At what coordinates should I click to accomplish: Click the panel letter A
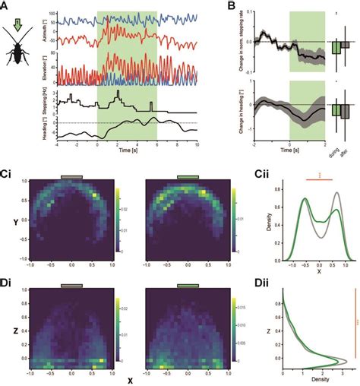coord(5,7)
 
